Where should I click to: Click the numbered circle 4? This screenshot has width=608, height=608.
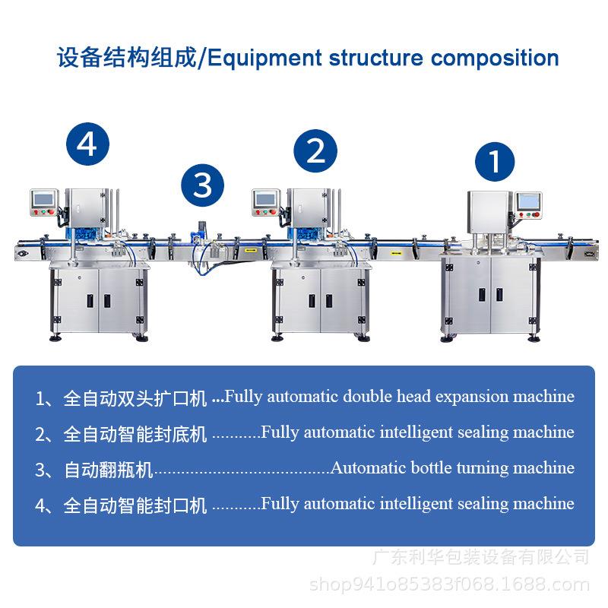pyautogui.click(x=87, y=144)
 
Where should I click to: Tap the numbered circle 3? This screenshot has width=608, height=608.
pyautogui.click(x=202, y=185)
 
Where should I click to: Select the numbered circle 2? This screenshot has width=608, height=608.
pyautogui.click(x=315, y=150)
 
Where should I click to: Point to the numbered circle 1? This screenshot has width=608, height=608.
pyautogui.click(x=495, y=161)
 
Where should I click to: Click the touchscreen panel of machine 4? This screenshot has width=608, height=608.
pyautogui.click(x=43, y=200)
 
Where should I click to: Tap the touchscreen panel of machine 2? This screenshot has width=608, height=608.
pyautogui.click(x=265, y=200)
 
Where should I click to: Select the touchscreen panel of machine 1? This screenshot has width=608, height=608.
pyautogui.click(x=527, y=201)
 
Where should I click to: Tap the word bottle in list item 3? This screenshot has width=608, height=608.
pyautogui.click(x=431, y=468)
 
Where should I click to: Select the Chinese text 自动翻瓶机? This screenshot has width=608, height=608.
pyautogui.click(x=108, y=470)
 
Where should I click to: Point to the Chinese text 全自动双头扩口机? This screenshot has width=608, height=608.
pyautogui.click(x=135, y=398)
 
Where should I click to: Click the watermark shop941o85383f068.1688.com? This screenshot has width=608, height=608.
pyautogui.click(x=449, y=584)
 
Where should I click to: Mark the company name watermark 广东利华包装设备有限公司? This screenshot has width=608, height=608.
pyautogui.click(x=481, y=557)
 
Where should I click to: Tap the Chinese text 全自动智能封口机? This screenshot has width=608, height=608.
pyautogui.click(x=135, y=505)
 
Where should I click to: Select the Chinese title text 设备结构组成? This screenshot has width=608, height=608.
pyautogui.click(x=127, y=59)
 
